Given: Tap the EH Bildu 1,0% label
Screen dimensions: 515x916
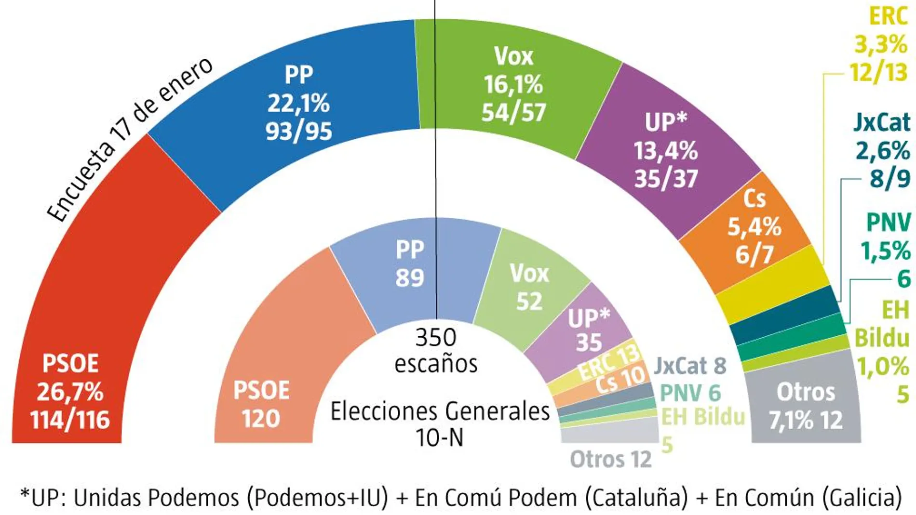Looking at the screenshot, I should (x=882, y=352).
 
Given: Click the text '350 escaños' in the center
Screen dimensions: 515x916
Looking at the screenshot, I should (x=435, y=351).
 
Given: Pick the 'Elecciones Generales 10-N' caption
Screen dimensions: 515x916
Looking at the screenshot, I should (x=439, y=424).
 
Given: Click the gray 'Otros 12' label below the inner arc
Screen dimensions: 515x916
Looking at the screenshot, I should (x=610, y=460).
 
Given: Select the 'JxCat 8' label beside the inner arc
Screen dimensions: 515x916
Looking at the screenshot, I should (x=690, y=366).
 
